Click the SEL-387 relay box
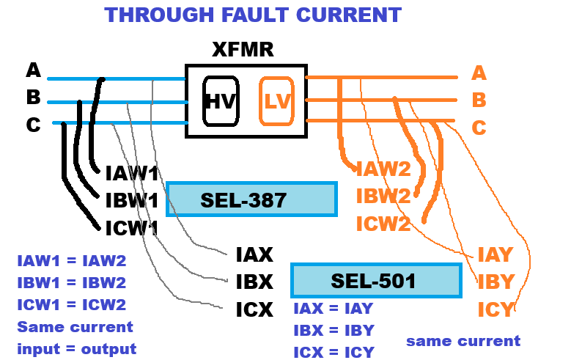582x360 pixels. pyautogui.click(x=251, y=199)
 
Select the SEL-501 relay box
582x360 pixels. pyautogui.click(x=376, y=281)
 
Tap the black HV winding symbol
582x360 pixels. pyautogui.click(x=220, y=101)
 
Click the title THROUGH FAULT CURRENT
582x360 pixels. pyautogui.click(x=253, y=15)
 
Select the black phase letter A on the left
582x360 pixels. pyautogui.click(x=33, y=70)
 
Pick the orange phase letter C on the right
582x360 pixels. pyautogui.click(x=479, y=128)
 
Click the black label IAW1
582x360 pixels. pyautogui.click(x=132, y=174)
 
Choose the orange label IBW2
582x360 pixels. pyautogui.click(x=383, y=196)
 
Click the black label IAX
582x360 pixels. pyautogui.click(x=254, y=255)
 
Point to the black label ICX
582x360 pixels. pyautogui.click(x=254, y=309)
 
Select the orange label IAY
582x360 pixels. pyautogui.click(x=496, y=255)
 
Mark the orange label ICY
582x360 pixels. pyautogui.click(x=496, y=309)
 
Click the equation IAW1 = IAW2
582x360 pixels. pyautogui.click(x=72, y=260)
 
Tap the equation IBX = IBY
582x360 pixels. pyautogui.click(x=334, y=330)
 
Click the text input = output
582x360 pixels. pyautogui.click(x=77, y=349)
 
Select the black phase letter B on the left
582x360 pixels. pyautogui.click(x=33, y=98)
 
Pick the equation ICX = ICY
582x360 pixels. pyautogui.click(x=334, y=351)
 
